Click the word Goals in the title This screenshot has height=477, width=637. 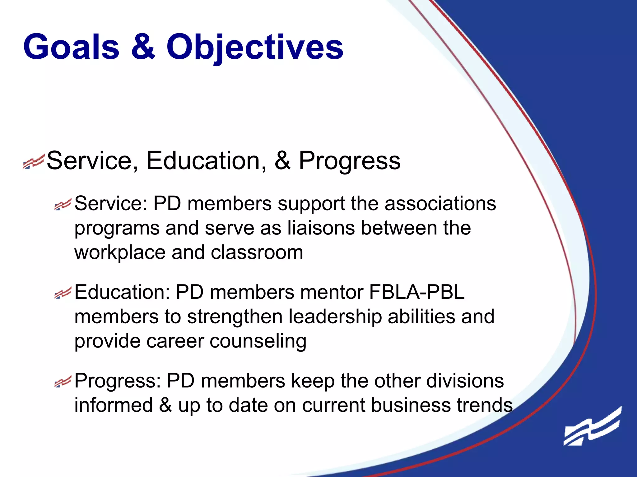71,47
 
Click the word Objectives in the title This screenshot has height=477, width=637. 255,47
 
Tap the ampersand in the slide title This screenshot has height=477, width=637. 143,47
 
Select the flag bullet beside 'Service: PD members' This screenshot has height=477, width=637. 63,204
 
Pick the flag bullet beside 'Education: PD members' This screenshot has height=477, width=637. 63,293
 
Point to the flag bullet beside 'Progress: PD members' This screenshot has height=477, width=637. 63,381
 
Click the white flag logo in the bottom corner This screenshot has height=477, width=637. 593,427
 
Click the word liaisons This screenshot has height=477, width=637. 321,228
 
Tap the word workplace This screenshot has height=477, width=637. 120,253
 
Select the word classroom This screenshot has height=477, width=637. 257,252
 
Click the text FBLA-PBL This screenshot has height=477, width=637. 416,292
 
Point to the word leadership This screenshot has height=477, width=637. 335,317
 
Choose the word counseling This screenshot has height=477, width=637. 258,341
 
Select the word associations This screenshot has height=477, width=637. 440,204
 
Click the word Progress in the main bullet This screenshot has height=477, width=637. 350,161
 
